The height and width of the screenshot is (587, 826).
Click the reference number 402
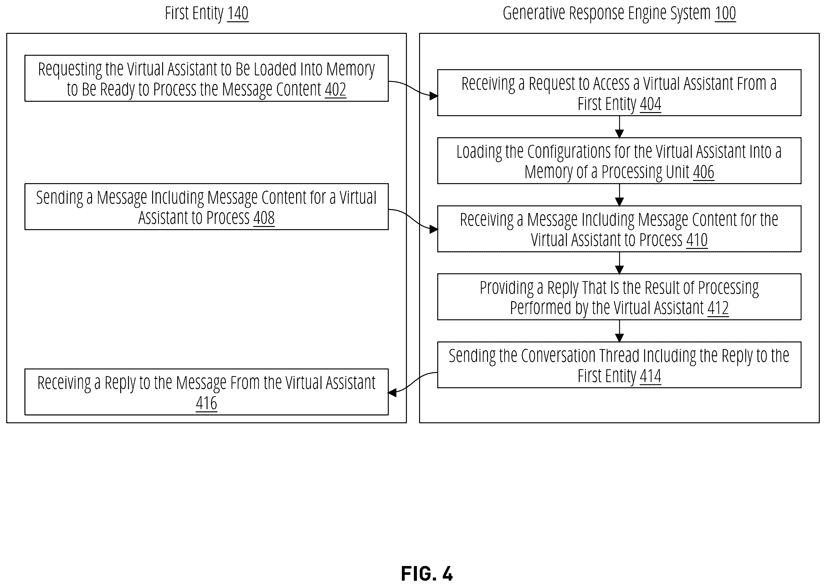pos(335,89)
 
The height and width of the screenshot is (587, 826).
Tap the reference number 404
pos(650,104)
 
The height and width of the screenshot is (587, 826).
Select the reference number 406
pos(704,172)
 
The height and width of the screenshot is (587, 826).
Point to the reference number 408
pos(264,218)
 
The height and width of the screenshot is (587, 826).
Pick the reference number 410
pos(697,239)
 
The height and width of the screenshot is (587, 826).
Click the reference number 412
pos(718,308)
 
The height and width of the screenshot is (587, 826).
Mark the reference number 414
pos(650,376)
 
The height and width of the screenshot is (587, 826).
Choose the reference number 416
pos(206,403)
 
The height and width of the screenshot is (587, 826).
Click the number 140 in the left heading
pos(238,13)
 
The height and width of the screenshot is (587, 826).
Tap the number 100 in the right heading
pos(725,13)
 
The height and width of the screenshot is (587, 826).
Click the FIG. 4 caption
pos(427,574)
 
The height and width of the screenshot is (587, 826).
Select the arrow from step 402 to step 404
pos(413,89)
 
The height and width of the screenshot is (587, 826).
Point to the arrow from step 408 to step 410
pos(413,219)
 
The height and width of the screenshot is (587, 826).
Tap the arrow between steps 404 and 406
pos(619,127)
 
